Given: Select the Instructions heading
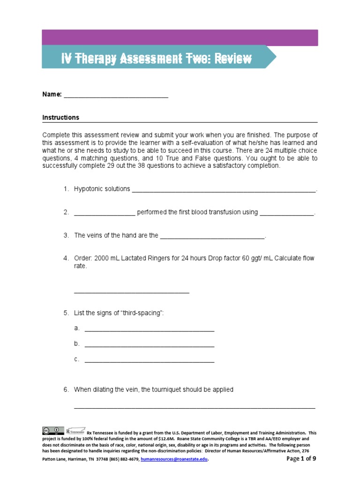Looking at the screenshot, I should tap(61, 118).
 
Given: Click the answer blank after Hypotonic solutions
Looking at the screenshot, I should tap(224, 191).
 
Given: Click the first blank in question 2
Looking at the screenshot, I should tap(105, 214).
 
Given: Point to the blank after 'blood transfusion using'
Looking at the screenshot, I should tap(286, 214).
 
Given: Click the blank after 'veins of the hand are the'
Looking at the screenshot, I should tap(212, 238).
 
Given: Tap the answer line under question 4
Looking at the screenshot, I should tap(132, 292).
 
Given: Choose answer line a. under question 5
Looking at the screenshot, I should tap(149, 330).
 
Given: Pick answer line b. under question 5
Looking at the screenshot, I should tap(149, 346).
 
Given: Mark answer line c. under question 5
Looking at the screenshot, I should tap(149, 361).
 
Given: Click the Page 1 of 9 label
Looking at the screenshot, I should tap(301, 458).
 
